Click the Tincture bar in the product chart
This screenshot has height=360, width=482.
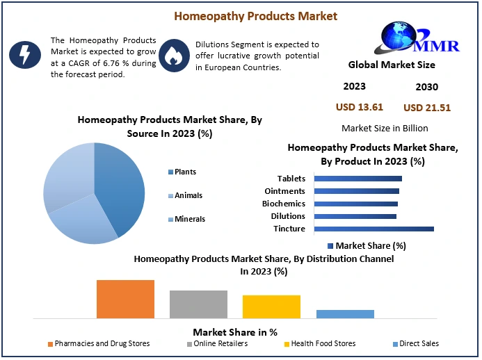point(373,229)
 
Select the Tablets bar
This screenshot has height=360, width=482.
point(358,179)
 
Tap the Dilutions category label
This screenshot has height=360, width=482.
point(288,216)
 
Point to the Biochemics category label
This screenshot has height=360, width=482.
point(283,204)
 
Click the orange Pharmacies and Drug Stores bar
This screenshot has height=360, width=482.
point(125,299)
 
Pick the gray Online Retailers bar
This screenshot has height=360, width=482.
point(198,304)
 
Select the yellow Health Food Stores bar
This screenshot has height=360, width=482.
point(271,306)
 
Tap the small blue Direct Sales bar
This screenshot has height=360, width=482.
point(345,313)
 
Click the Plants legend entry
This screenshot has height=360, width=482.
point(185,172)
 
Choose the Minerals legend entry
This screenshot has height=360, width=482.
point(189,219)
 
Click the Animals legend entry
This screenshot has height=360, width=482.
point(188,195)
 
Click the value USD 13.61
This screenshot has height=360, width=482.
point(360,107)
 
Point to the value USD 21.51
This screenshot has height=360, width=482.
point(427,108)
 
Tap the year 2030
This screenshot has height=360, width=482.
point(426,87)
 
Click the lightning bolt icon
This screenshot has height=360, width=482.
point(23,54)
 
